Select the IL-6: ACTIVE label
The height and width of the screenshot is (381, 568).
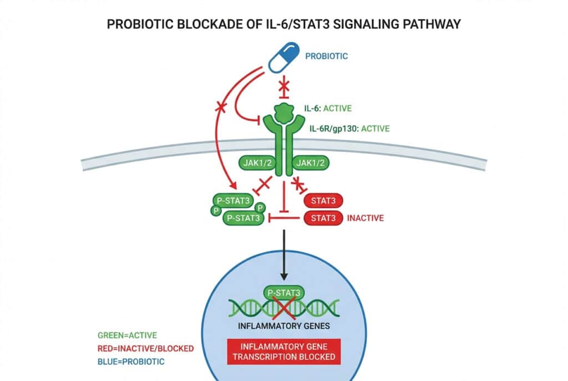(x=336, y=108)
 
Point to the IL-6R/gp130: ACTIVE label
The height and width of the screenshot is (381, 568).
(x=349, y=129)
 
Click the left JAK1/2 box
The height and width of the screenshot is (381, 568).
(x=258, y=162)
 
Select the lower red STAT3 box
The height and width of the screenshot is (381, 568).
(x=324, y=218)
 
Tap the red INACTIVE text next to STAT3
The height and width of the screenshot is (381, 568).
(x=365, y=218)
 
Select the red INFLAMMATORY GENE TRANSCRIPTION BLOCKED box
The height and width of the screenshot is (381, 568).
(x=284, y=351)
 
